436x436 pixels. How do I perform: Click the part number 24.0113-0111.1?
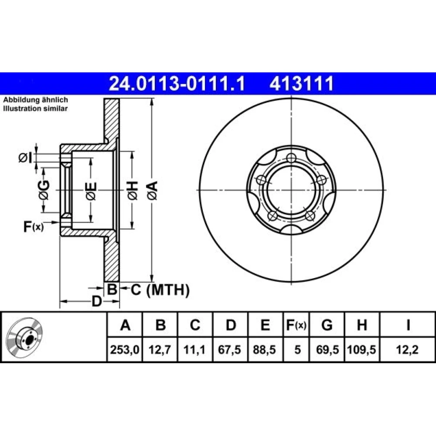pos(177,83)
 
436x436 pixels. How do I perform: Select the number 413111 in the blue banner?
pos(302,83)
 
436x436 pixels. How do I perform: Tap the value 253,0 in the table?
pos(125,350)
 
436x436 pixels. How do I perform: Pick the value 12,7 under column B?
pos(160,350)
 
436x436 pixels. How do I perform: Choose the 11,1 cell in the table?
pos(194,350)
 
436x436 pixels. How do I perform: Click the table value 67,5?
pos(230,350)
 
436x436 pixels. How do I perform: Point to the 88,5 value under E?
pos(265,350)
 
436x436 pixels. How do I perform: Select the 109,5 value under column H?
pos(362,350)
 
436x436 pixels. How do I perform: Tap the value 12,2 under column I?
pos(407,350)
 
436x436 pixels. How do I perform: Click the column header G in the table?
pos(327,325)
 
